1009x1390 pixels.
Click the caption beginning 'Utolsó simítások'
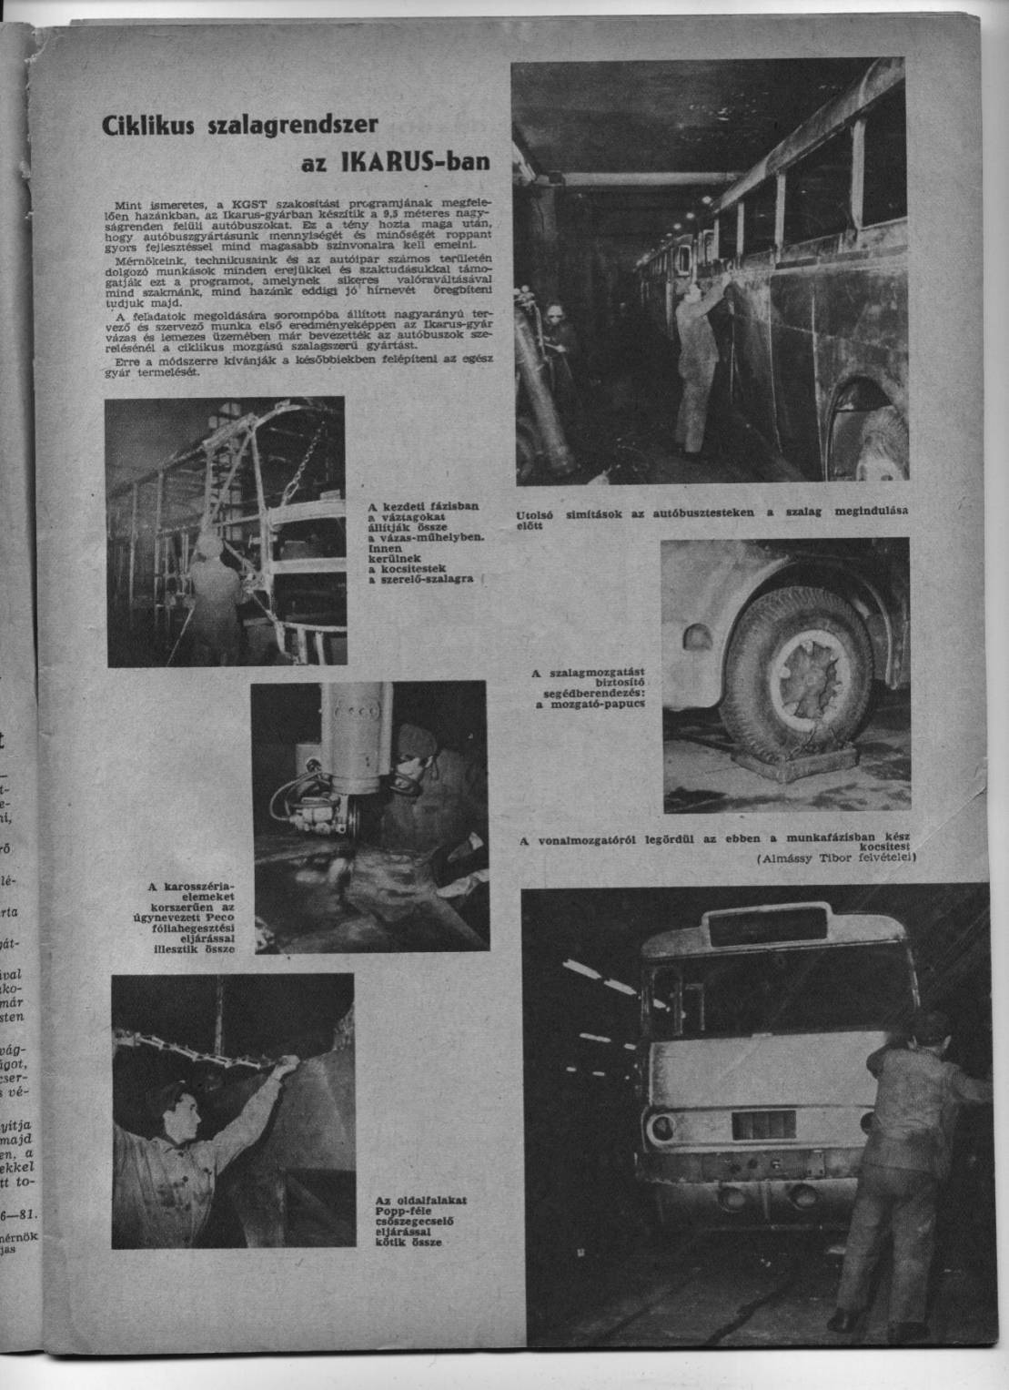[x=711, y=516]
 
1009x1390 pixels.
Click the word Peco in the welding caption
[x=218, y=928]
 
